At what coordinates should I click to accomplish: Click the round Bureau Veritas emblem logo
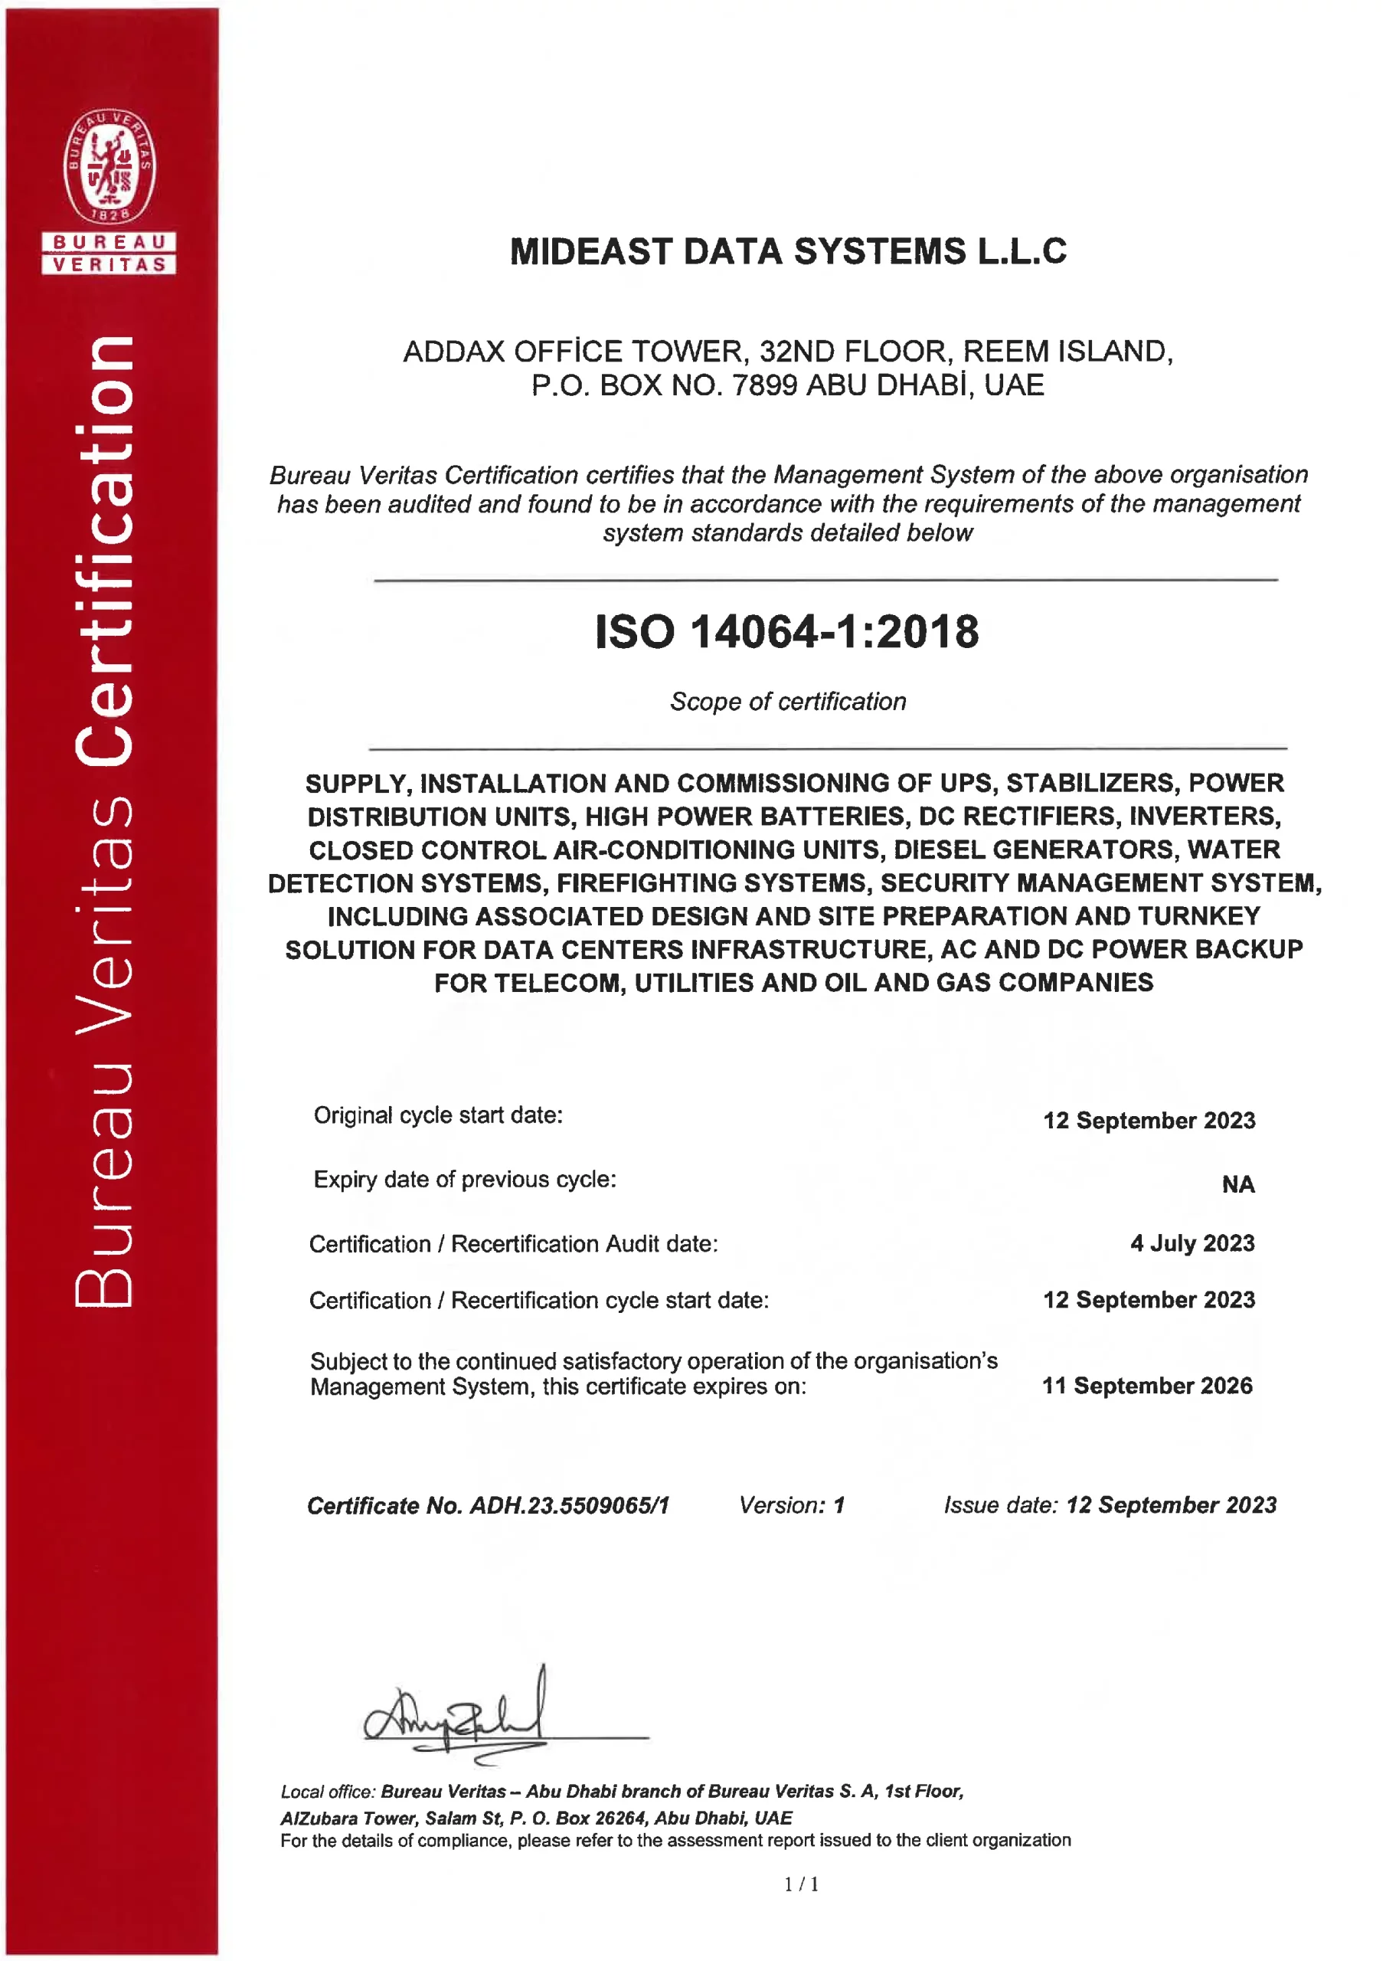(x=110, y=165)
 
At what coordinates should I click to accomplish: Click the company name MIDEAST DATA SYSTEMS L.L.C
(x=787, y=252)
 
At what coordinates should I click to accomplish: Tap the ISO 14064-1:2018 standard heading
(x=786, y=632)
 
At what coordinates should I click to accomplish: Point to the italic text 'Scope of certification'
(x=787, y=701)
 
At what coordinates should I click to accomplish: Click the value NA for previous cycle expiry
(x=1237, y=1184)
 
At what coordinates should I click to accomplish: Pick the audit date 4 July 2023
(x=1192, y=1243)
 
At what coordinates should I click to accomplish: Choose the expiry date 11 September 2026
(x=1147, y=1386)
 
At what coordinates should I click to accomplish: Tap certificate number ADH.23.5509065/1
(x=570, y=1505)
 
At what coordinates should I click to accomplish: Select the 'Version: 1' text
(x=792, y=1505)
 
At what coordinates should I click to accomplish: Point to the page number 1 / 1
(x=801, y=1884)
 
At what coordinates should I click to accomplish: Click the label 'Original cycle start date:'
(x=438, y=1115)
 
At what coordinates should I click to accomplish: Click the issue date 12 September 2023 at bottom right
(x=1171, y=1505)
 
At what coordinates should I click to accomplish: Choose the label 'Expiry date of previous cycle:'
(x=465, y=1180)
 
